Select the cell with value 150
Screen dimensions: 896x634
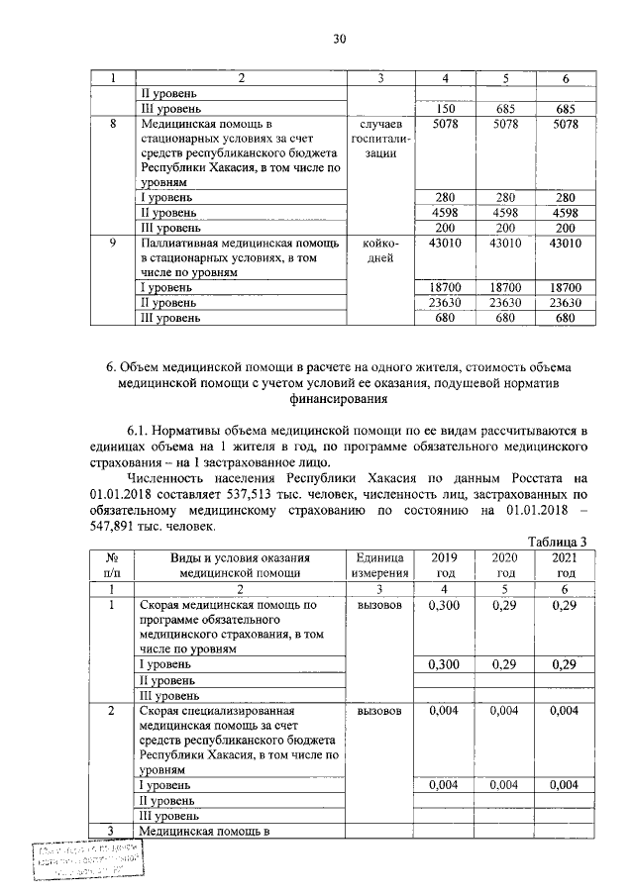tap(445, 108)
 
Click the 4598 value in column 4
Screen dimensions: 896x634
tap(445, 212)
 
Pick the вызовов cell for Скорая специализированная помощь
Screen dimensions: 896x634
tap(380, 711)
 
